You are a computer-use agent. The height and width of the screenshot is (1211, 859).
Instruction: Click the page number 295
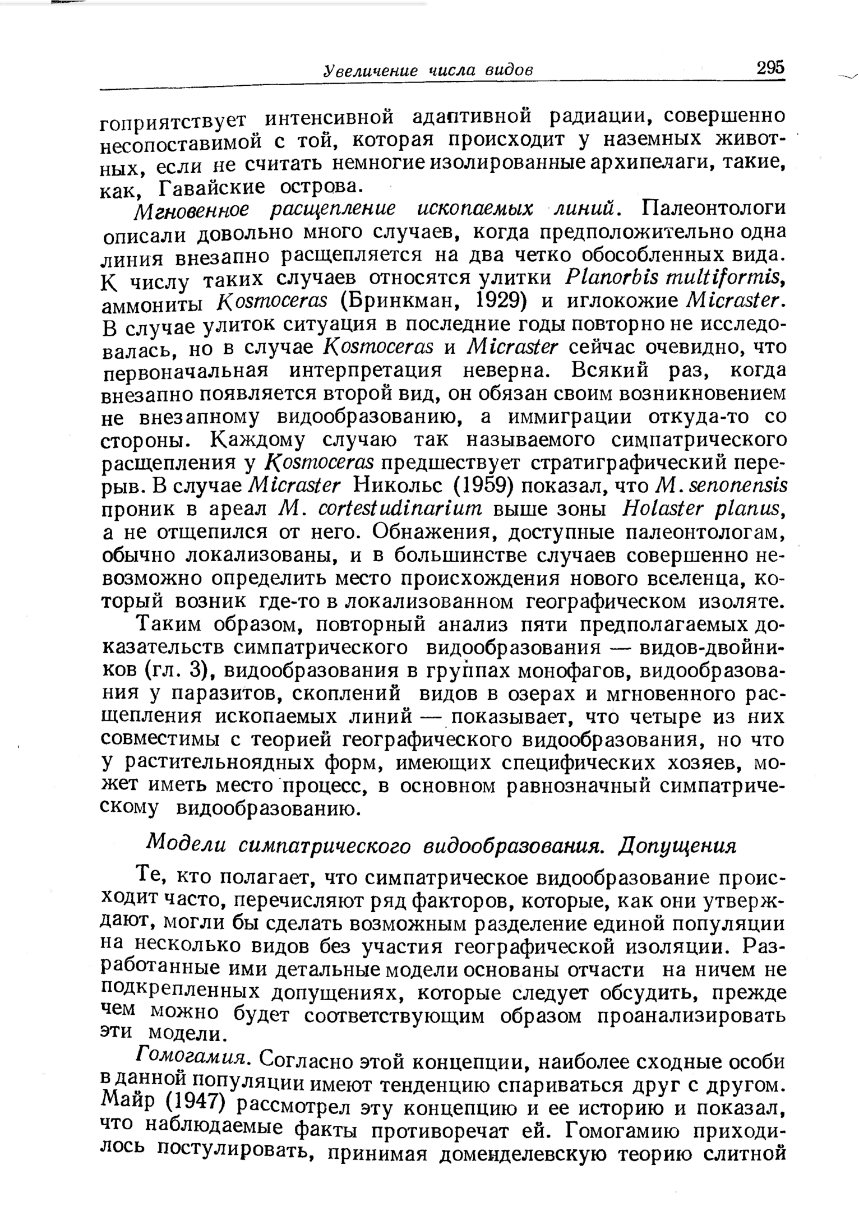770,68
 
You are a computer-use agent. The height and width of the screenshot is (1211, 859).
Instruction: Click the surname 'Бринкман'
399,302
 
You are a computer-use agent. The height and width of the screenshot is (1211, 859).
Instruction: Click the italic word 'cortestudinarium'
400,508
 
